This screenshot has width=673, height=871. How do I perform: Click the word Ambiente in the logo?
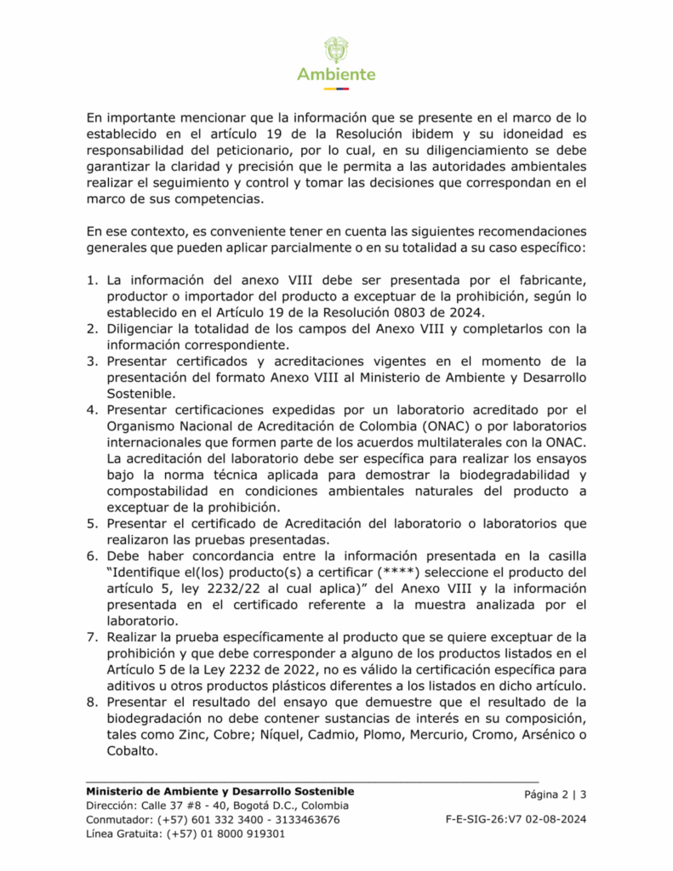tap(336, 74)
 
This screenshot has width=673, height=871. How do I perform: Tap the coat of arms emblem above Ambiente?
tap(336, 49)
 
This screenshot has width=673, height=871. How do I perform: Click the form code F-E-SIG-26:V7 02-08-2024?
tap(516, 819)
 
